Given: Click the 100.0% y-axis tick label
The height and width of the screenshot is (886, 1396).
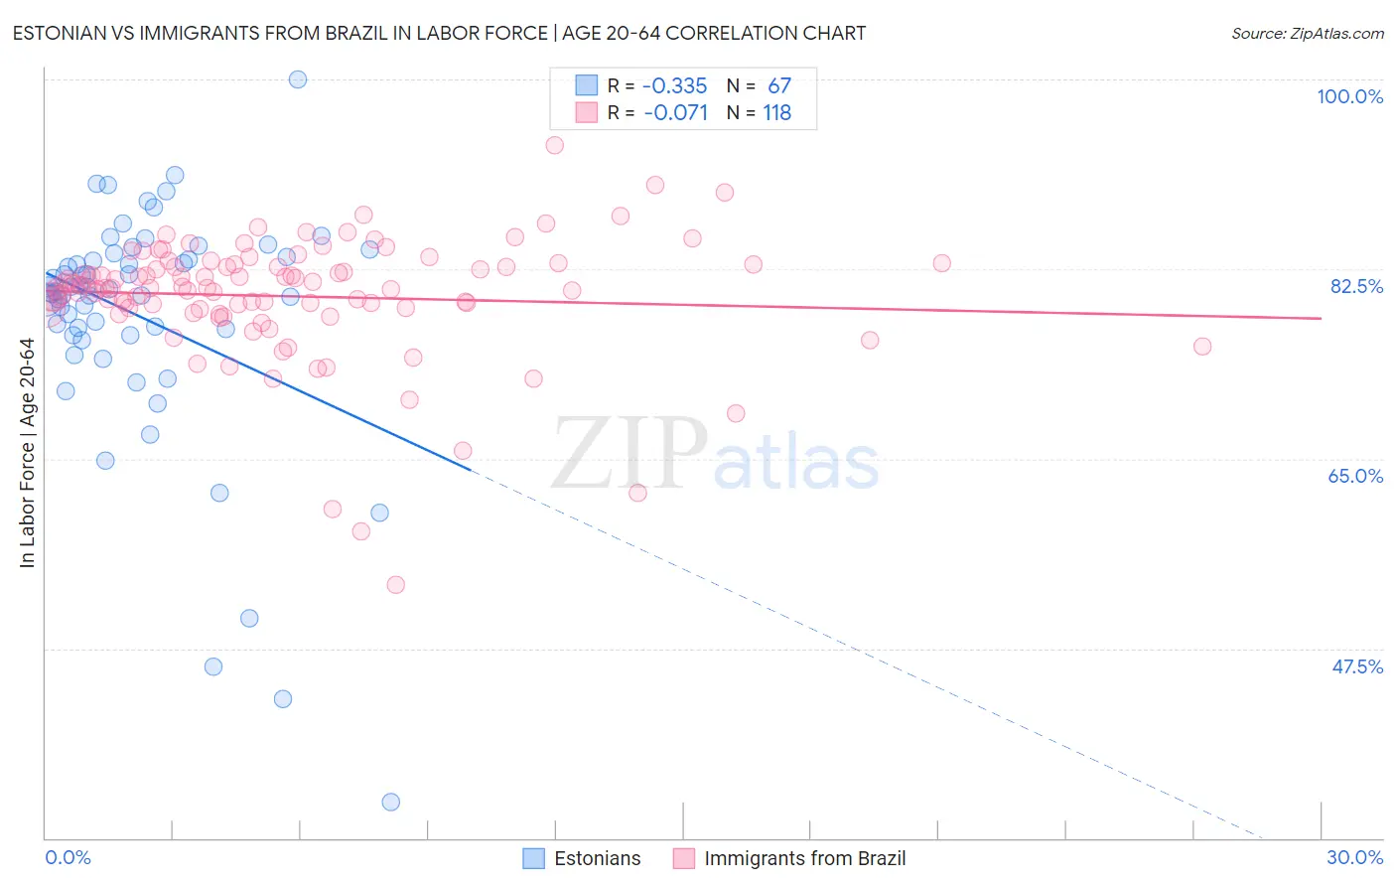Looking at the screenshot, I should click(1349, 96).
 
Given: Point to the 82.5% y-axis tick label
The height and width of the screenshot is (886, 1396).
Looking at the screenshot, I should click(1356, 286).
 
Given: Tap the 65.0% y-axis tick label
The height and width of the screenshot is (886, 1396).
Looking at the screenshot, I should click(1355, 476).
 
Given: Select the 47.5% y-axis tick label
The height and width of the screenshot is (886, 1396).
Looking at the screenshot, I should click(1357, 666).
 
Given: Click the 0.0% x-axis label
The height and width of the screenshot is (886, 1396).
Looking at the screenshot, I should click(68, 857).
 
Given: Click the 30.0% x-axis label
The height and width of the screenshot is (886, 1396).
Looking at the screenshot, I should click(1354, 857).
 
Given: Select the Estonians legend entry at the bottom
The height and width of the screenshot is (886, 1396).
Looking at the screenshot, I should click(582, 858).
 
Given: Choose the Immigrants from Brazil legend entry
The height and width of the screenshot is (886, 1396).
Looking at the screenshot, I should click(789, 858).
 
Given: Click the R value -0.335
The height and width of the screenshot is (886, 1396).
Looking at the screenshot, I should click(674, 85).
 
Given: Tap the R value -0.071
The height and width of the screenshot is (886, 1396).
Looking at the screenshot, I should click(675, 112).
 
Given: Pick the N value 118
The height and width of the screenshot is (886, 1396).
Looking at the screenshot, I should click(776, 112).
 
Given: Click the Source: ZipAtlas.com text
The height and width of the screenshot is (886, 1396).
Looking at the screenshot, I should click(1307, 33).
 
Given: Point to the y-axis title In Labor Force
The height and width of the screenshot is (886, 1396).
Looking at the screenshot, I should click(27, 453).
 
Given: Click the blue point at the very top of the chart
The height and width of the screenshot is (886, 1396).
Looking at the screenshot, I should click(298, 79).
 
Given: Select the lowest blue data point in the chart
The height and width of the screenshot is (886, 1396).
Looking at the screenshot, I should click(391, 802).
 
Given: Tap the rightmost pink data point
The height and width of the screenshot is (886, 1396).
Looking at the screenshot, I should click(1202, 347).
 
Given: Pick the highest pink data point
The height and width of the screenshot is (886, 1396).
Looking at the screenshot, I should click(555, 145).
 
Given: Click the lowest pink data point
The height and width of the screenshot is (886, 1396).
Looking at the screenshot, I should click(396, 585).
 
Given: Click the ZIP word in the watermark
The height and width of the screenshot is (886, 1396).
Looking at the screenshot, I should click(628, 454).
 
